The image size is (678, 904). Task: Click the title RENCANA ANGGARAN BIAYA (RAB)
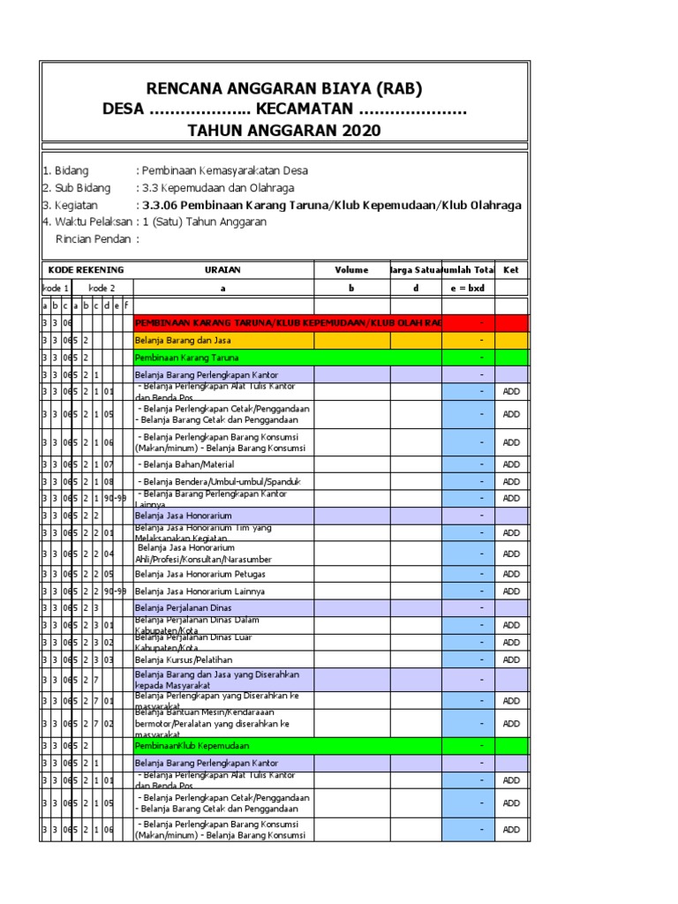[284, 88]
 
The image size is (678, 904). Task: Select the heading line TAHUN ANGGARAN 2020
[284, 131]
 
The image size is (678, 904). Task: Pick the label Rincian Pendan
[94, 239]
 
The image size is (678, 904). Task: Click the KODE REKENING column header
[86, 270]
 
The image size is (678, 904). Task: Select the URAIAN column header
[222, 270]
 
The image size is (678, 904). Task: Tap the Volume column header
[351, 270]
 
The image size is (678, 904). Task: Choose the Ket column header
[510, 270]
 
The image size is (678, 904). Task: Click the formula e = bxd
[467, 289]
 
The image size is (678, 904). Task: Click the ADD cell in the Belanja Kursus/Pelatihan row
[511, 659]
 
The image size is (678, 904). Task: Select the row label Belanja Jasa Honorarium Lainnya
[200, 591]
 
